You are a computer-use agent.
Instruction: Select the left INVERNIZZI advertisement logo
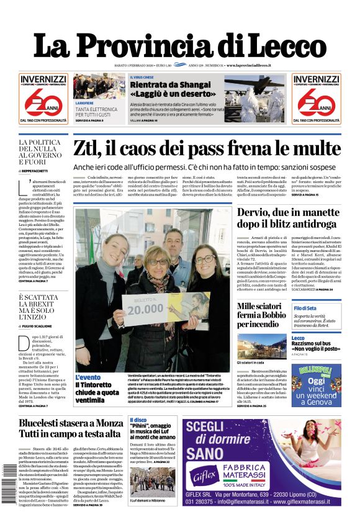pos(43,97)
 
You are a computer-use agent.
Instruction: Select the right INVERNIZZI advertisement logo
pos(317,97)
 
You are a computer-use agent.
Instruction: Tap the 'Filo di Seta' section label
pos(305,309)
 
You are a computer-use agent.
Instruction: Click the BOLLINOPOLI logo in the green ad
pos(316,369)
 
